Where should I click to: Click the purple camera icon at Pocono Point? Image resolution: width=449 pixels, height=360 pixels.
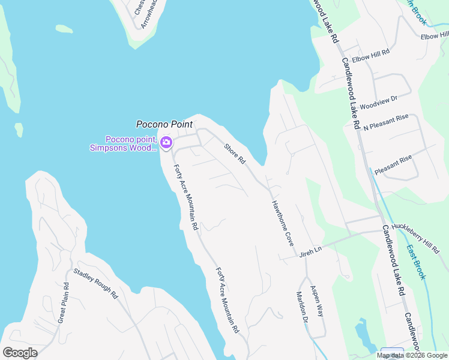click(166, 143)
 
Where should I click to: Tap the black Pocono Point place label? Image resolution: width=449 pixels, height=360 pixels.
click(164, 125)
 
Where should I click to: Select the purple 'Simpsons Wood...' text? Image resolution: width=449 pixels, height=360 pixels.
click(123, 148)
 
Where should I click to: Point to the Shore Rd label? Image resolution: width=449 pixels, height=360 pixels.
click(235, 154)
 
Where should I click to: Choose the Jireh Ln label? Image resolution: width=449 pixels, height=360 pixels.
click(311, 255)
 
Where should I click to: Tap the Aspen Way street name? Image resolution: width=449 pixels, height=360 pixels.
click(316, 302)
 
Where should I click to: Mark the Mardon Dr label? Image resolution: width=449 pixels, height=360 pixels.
click(301, 305)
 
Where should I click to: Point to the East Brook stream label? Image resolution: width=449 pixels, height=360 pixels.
click(415, 262)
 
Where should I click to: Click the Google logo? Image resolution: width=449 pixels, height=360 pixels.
click(20, 353)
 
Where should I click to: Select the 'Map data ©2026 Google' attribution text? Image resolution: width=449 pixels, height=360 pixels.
click(412, 355)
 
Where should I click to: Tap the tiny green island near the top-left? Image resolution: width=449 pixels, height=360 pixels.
click(64, 29)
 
